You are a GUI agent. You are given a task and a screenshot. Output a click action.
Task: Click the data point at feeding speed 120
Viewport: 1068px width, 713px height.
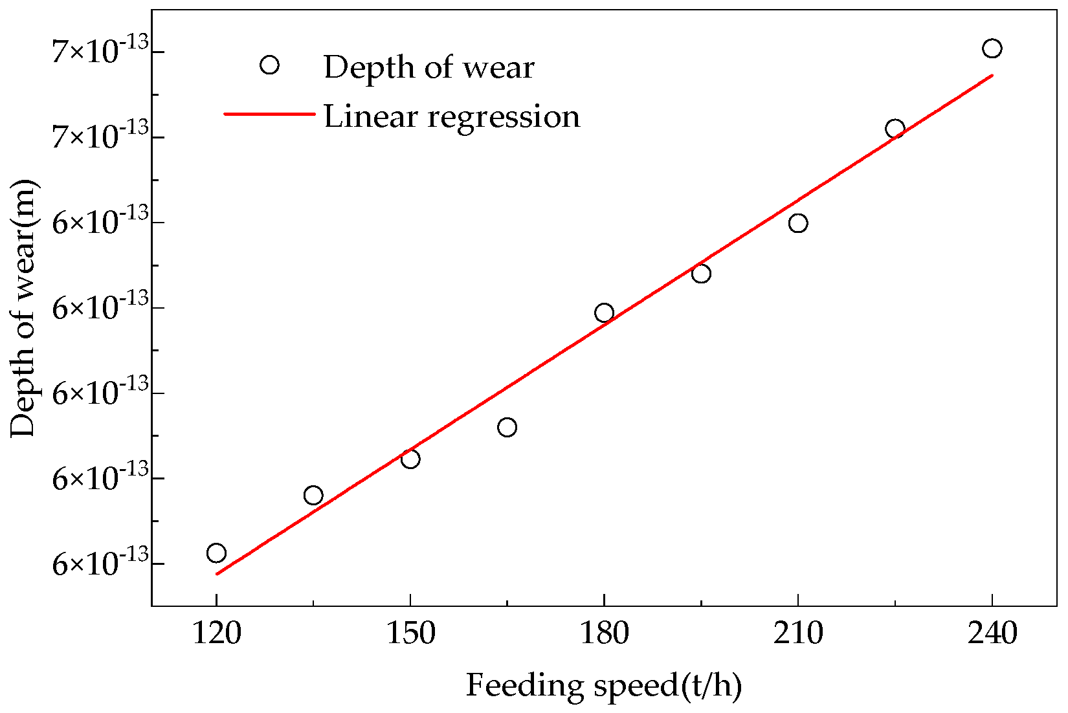216,553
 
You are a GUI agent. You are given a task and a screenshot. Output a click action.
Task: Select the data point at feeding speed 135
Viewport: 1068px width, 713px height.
313,496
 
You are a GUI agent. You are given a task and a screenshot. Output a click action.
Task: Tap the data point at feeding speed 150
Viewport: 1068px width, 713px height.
410,459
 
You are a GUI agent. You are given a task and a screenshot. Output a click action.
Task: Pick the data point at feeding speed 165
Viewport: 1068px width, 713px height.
507,427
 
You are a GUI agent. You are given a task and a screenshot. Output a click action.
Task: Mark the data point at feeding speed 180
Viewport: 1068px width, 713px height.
604,313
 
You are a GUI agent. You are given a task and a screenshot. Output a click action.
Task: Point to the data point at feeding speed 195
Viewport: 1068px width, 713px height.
701,274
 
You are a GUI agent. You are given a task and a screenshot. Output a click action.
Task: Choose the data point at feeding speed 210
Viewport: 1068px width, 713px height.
798,223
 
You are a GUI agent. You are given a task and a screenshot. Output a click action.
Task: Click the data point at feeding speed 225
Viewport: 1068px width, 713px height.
895,128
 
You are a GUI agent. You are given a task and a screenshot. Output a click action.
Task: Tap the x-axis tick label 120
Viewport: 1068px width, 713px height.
216,633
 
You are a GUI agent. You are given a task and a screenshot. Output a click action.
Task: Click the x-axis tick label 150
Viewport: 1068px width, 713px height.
410,633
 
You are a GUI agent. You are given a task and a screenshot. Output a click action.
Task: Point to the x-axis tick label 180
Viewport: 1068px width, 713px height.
604,633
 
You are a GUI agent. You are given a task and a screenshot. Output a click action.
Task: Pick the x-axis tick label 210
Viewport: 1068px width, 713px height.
798,633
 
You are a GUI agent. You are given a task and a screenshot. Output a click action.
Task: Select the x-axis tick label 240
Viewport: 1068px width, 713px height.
992,633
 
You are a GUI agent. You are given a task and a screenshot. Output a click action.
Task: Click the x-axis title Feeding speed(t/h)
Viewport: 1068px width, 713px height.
603,686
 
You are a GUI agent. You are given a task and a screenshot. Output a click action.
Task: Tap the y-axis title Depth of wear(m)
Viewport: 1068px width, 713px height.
25,308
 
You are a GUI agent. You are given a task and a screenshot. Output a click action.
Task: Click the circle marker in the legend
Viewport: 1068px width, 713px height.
269,65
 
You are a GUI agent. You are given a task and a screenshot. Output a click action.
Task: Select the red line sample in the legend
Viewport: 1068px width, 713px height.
269,114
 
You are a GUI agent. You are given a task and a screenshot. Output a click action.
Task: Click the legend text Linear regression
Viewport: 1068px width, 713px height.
452,116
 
